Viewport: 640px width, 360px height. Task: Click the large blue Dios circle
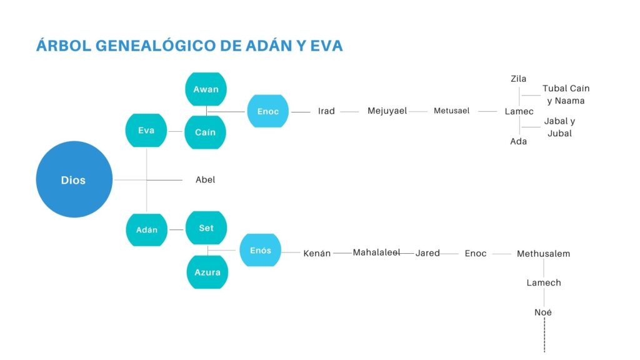tap(74, 179)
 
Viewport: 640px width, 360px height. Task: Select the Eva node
tap(146, 130)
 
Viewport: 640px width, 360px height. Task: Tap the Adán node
tap(146, 230)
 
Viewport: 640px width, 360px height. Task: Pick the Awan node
tap(206, 89)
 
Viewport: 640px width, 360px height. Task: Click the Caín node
tap(205, 132)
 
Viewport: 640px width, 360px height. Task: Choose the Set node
tap(206, 227)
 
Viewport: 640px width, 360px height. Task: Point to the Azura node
tap(207, 272)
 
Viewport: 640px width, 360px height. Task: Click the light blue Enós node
tap(261, 250)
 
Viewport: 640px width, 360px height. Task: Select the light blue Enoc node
tap(267, 111)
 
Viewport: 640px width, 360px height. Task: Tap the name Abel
tap(205, 179)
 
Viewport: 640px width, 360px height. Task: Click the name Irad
tap(326, 111)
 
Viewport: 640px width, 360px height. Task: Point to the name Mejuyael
tap(387, 111)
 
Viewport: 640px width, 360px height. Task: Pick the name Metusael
tap(451, 111)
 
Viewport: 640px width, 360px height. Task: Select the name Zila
tap(518, 79)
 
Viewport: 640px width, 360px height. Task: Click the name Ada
tap(518, 141)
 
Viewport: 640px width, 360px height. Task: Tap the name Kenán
tap(317, 253)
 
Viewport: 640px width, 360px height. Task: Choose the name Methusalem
tap(543, 254)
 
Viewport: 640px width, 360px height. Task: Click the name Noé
tap(543, 312)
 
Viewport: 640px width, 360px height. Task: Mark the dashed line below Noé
tap(544, 335)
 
